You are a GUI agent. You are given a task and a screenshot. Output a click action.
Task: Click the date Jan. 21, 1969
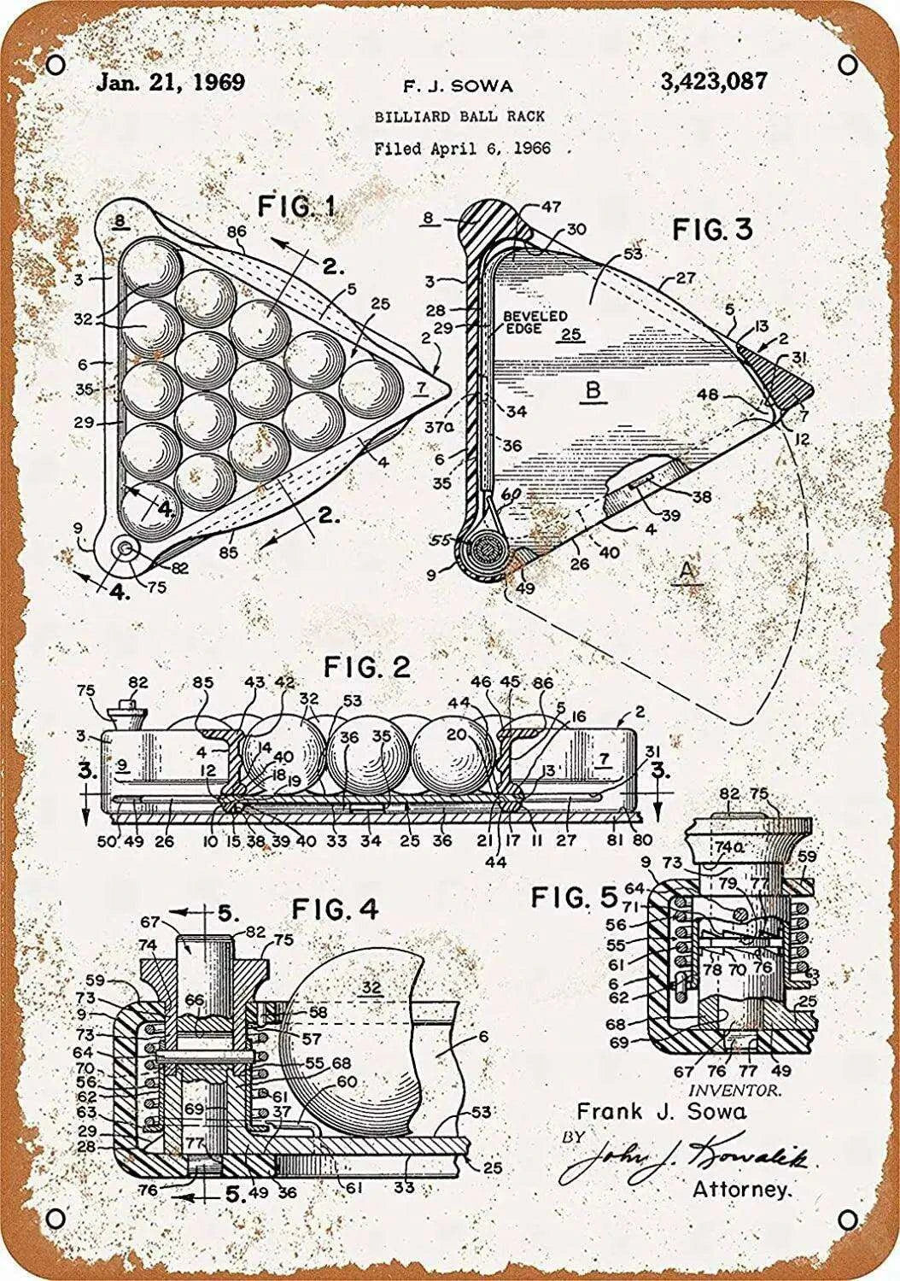[170, 83]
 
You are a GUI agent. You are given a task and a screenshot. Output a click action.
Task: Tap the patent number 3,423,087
[713, 82]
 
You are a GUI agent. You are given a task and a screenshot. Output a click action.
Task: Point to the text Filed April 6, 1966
[462, 147]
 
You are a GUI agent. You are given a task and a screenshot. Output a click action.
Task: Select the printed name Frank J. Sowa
[662, 1111]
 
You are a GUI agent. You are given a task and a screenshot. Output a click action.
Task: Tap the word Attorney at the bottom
[741, 1188]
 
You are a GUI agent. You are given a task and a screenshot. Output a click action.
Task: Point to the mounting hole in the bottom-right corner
[845, 1216]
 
